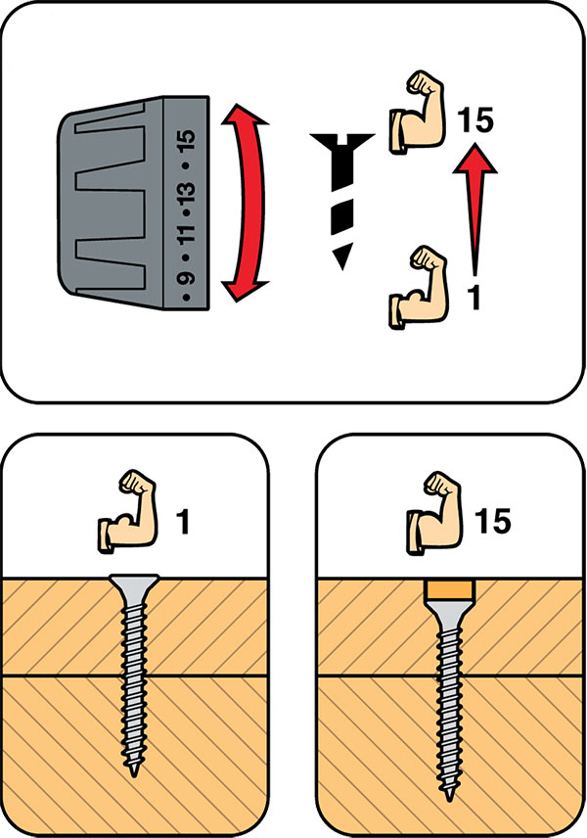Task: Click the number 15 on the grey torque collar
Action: coord(188,141)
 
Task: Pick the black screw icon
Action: coord(341,201)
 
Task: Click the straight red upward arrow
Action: coord(474,208)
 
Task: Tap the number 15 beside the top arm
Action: coord(475,119)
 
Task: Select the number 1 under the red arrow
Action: coord(474,298)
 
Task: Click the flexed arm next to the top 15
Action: coord(417,113)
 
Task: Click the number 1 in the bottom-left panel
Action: coord(183,522)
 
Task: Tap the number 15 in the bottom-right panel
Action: coord(492,521)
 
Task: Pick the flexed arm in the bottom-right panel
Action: coord(434,513)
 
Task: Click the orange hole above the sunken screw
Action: coord(449,589)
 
